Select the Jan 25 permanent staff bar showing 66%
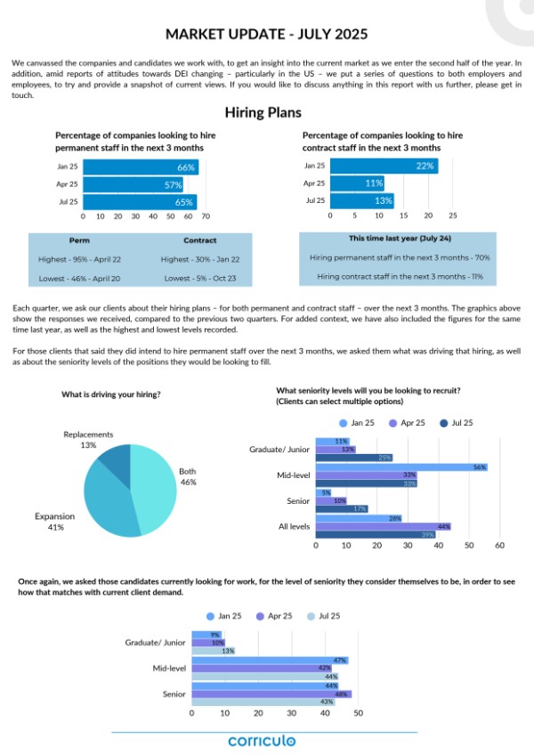click(140, 167)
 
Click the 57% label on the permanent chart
click(173, 184)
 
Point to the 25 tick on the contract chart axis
click(452, 215)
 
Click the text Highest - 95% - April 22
click(79, 259)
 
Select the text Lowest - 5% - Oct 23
click(200, 279)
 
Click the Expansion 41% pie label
click(49, 521)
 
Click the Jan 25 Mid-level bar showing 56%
click(401, 467)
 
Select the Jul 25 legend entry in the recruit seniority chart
click(457, 423)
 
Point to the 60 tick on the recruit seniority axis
click(500, 545)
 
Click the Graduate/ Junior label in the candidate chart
click(155, 641)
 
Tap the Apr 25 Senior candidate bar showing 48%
click(271, 694)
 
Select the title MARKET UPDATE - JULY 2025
click(266, 35)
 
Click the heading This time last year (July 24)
click(394, 239)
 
